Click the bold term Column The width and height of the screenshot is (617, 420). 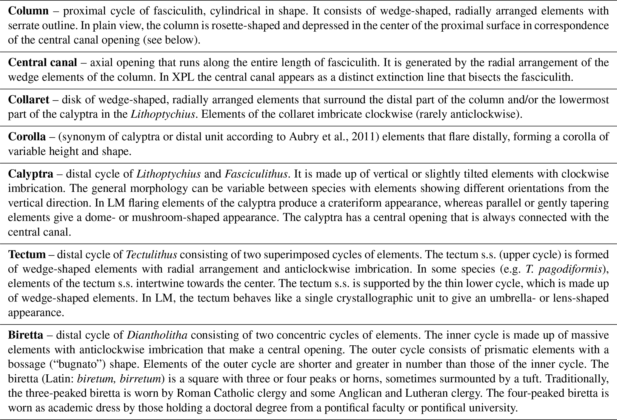coord(28,11)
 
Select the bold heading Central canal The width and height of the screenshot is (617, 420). coord(42,63)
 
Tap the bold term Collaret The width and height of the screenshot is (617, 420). coord(28,100)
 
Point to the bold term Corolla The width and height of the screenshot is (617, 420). coord(27,137)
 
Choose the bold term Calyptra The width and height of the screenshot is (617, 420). coord(30,174)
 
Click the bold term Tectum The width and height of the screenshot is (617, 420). coord(27,255)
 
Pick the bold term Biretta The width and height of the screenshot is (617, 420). coord(26,335)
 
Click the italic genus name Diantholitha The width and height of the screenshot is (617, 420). coord(157,335)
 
